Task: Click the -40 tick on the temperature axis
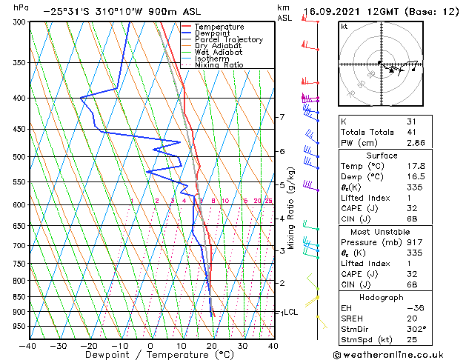[x=28, y=345]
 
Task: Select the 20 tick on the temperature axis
[x=211, y=345]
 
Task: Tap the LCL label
[x=291, y=312]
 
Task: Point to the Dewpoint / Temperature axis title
[x=150, y=355]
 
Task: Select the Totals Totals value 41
[x=411, y=132]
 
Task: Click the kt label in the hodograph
[x=344, y=26]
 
